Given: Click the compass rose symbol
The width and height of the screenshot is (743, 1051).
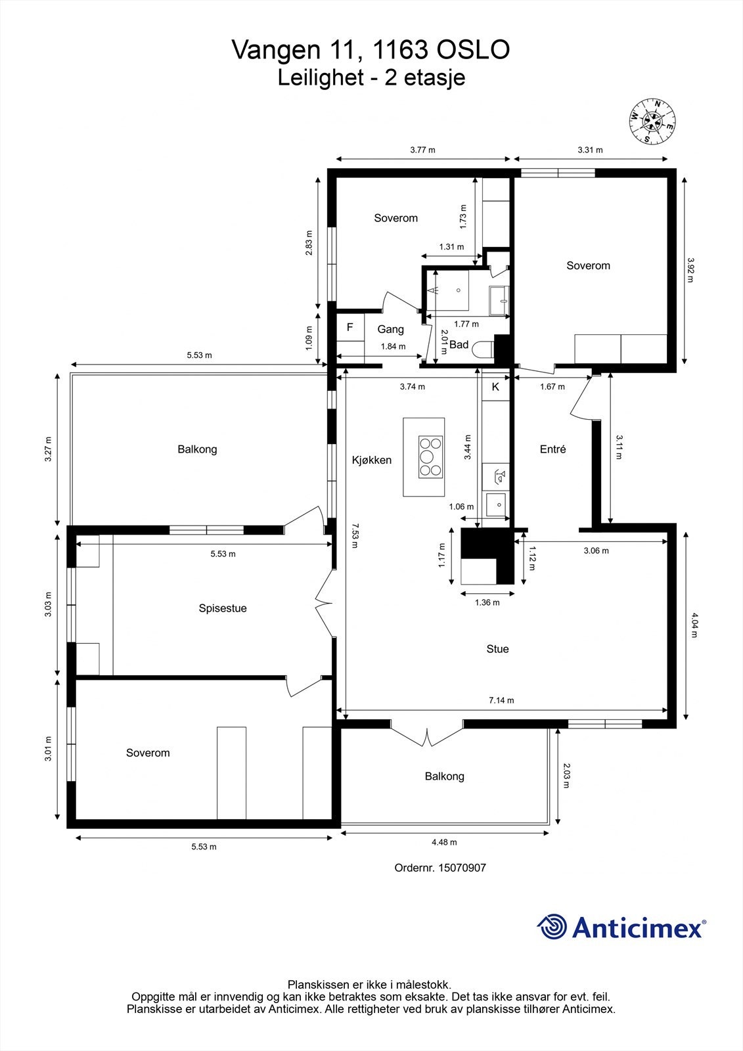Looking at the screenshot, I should [x=652, y=121].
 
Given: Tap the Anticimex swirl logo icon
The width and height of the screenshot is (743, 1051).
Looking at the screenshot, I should [x=552, y=928].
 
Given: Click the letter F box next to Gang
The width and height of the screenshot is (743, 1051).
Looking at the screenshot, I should [x=350, y=327].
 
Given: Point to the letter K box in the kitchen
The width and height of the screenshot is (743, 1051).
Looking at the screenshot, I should [x=495, y=387].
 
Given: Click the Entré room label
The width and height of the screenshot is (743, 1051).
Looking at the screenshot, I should [x=552, y=449].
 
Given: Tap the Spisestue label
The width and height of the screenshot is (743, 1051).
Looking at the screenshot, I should [x=223, y=608].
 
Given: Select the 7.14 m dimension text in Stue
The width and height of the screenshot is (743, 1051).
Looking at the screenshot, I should [x=501, y=700].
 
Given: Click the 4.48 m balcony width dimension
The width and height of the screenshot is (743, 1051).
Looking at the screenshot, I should [x=444, y=842].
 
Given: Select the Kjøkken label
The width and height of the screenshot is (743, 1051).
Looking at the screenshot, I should [x=372, y=460].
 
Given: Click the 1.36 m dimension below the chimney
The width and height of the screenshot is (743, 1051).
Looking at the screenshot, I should [x=487, y=602].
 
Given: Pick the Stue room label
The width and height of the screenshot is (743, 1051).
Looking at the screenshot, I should [x=497, y=649].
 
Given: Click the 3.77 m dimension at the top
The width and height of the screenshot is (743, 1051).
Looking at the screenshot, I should [x=422, y=150].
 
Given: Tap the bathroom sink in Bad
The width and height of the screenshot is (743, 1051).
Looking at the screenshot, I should [x=500, y=302].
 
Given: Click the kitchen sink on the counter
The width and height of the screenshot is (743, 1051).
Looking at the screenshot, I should [x=497, y=505].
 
